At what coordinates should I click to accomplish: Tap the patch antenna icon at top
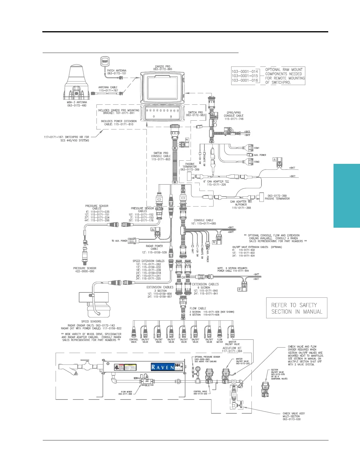[x=104, y=61]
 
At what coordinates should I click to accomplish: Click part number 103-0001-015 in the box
[x=245, y=76]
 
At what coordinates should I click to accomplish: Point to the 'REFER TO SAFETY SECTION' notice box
[x=296, y=308]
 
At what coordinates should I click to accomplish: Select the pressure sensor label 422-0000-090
[x=84, y=271]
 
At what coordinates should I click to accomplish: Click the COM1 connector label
[x=256, y=148]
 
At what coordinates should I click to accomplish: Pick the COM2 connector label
[x=256, y=162]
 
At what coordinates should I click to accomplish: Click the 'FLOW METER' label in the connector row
[x=220, y=341]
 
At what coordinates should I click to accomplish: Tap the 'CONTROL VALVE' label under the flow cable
[x=134, y=341]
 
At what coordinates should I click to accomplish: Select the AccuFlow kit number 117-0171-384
[x=232, y=351]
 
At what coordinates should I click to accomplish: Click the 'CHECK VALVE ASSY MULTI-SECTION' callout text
[x=294, y=416]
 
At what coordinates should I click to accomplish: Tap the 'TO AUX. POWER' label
[x=119, y=241]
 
